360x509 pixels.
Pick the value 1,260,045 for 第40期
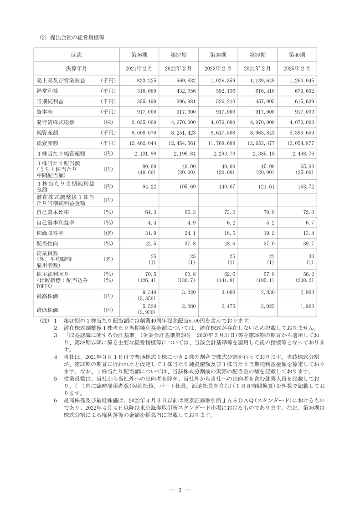point(301,80)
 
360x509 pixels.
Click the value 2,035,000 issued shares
point(144,122)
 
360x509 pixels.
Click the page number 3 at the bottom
point(180,490)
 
